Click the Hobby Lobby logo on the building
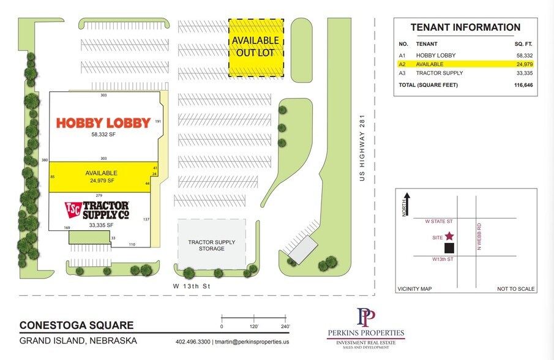point(103,123)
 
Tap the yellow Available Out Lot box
point(256,47)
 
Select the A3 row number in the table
point(402,73)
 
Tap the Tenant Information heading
point(465,28)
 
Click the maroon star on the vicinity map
point(450,236)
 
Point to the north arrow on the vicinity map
point(406,202)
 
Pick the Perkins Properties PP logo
point(365,318)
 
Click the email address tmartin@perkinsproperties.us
point(250,342)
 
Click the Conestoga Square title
point(77,325)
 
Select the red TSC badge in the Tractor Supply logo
point(73,209)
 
